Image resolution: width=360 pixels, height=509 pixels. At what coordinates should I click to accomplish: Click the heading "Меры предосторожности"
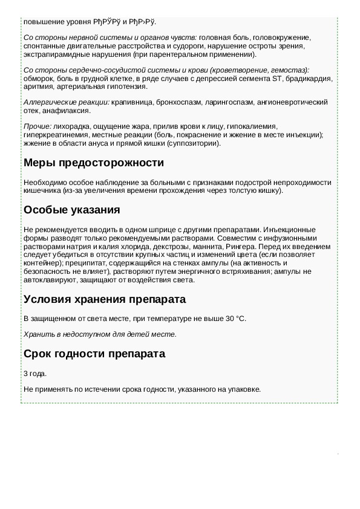click(93, 163)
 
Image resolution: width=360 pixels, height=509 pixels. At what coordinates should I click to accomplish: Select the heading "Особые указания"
click(71, 210)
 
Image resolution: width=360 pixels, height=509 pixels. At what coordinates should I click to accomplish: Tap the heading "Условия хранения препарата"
click(104, 299)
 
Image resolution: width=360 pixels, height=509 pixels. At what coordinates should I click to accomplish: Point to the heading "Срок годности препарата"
click(94, 354)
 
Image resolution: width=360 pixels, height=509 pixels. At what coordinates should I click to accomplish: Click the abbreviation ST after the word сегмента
click(278, 78)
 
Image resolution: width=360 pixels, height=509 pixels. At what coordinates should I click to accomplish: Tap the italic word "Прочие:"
click(37, 126)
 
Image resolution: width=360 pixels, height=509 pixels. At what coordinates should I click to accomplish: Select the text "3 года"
click(34, 374)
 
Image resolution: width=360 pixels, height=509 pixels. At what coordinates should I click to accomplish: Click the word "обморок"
click(38, 78)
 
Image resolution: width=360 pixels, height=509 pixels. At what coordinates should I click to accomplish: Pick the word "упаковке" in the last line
click(246, 389)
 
